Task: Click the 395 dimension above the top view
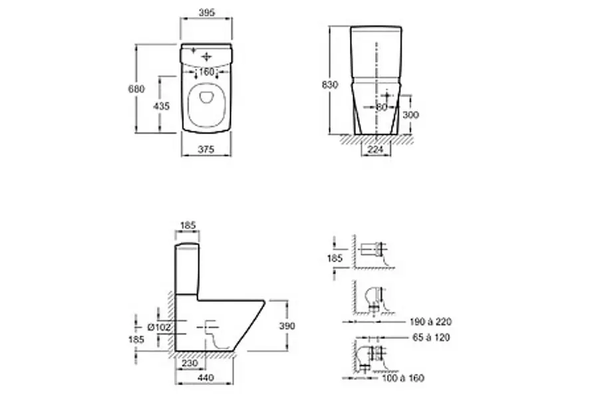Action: (x=206, y=13)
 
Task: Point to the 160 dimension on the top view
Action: (x=206, y=71)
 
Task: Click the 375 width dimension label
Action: (x=206, y=150)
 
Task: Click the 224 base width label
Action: (x=376, y=150)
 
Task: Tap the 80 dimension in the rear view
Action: (x=381, y=106)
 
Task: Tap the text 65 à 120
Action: (x=430, y=338)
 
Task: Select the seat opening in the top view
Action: (x=206, y=106)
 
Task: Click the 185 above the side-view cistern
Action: (x=188, y=226)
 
